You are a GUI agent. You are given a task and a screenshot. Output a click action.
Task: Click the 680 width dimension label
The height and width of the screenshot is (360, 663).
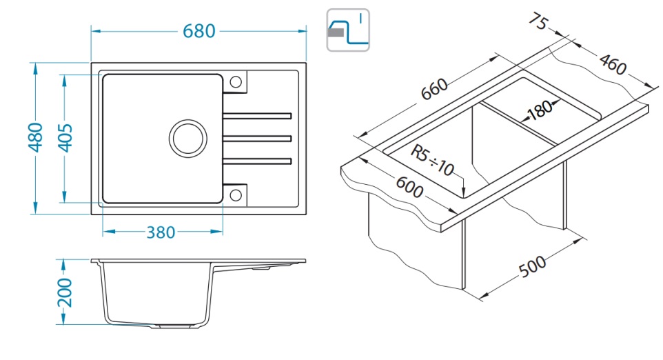(x=199, y=31)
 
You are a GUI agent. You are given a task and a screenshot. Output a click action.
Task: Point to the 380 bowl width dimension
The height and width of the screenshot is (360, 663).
(x=161, y=232)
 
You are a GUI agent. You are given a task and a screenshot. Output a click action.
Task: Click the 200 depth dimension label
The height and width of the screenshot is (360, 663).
(x=63, y=292)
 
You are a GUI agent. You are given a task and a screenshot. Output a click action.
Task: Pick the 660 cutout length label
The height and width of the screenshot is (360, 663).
(x=435, y=89)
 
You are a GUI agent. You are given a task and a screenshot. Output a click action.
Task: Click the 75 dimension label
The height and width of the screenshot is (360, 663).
(x=538, y=22)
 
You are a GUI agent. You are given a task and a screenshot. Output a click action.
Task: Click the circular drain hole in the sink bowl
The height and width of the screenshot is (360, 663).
(x=187, y=138)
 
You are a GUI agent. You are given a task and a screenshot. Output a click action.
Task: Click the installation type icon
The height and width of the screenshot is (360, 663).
(x=348, y=30)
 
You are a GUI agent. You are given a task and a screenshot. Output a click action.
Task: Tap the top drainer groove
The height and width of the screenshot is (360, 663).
(x=257, y=114)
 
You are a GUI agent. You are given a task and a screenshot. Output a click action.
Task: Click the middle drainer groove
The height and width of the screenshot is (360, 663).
(x=257, y=138)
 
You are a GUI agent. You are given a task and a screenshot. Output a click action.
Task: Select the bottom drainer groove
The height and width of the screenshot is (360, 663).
(x=257, y=161)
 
